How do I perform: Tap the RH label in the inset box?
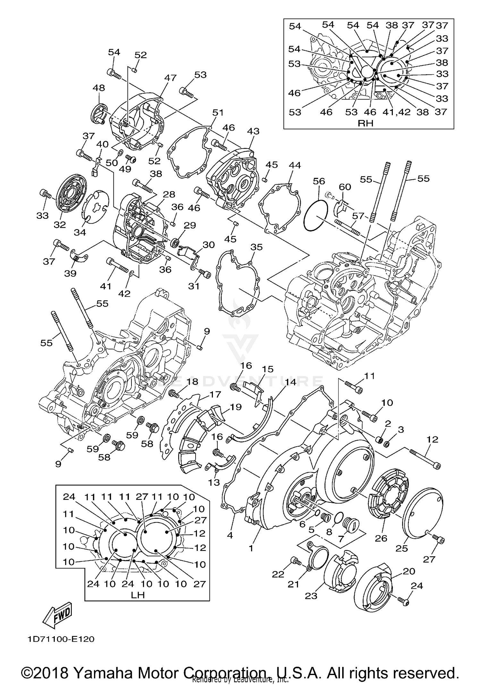pos(366,123)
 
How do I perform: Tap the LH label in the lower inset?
pos(138,595)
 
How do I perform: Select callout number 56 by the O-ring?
pos(319,181)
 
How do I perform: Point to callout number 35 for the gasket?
pos(257,247)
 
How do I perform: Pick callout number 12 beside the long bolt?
pos(432,439)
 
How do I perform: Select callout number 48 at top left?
pos(98,88)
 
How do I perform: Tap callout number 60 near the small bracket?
pos(345,187)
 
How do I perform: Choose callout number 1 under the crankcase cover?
pos(251,548)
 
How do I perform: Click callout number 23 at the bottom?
pos(311,596)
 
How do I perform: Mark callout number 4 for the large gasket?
pos(230,535)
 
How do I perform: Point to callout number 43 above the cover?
pos(253,131)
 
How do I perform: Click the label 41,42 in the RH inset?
pos(396,112)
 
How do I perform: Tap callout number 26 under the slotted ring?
pos(381,538)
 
